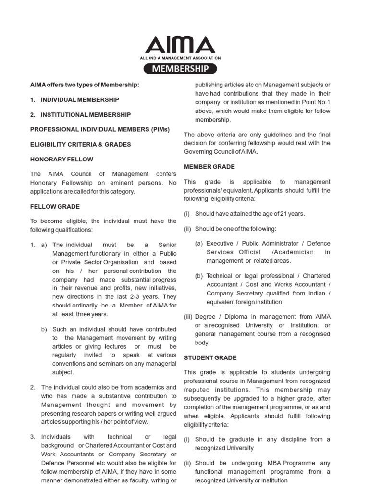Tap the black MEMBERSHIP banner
181,69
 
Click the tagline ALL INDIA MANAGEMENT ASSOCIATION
180,57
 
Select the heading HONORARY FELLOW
62,159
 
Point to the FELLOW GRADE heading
55,206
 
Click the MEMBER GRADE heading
209,167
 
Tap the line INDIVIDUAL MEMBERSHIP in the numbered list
80,99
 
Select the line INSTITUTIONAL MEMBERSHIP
86,115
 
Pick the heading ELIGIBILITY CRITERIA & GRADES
80,144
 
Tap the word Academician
293,252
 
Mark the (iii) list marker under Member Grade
188,317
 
